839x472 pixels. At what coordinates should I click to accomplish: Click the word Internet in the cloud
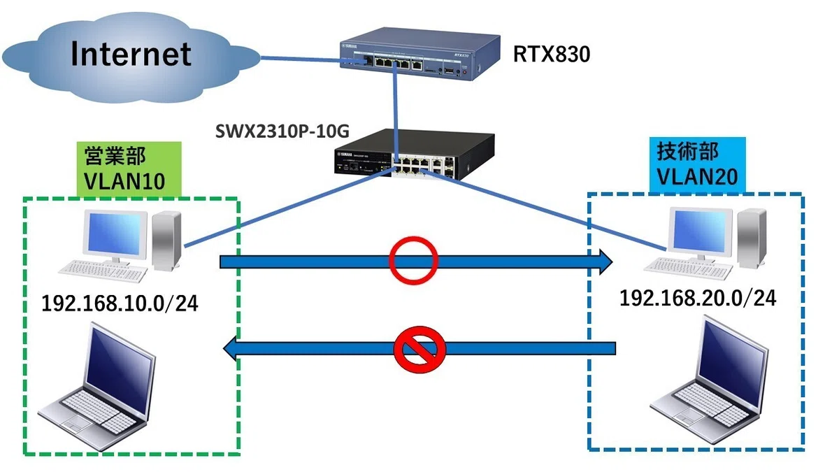coord(131,54)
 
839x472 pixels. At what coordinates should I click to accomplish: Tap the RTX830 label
coord(552,55)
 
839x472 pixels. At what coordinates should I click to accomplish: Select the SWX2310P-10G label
coord(282,131)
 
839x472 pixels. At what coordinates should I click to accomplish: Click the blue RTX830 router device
coord(420,54)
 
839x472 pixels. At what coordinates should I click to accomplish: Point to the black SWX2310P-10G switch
coord(414,155)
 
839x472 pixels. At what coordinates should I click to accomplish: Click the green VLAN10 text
coord(124,182)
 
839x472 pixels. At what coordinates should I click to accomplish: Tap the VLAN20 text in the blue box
coord(698,177)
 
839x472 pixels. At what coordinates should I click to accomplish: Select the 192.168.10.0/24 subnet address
coord(120,303)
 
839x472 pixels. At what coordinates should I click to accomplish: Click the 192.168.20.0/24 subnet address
coord(698,299)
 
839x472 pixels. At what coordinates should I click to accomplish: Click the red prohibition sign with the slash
coord(419,349)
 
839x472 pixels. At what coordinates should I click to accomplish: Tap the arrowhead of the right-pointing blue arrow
coord(605,262)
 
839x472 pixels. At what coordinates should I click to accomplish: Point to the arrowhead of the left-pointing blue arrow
coord(230,349)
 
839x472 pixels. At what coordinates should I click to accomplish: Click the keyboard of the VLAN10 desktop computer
coord(103,271)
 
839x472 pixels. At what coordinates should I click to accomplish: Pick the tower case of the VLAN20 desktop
coord(752,238)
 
